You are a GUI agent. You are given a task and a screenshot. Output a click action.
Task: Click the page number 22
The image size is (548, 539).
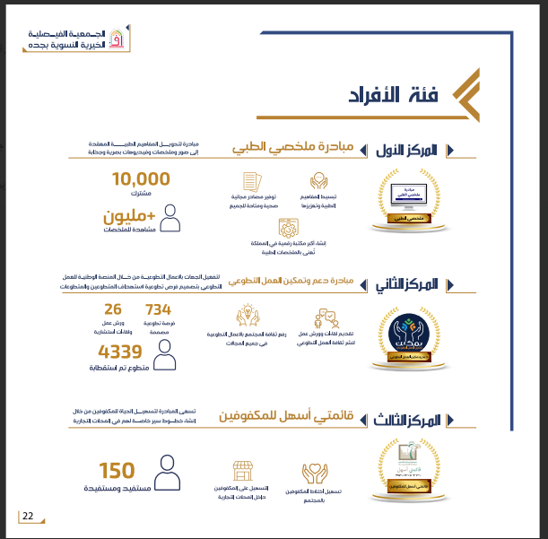pyautogui.click(x=28, y=516)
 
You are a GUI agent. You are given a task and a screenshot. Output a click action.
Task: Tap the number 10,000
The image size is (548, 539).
pyautogui.click(x=141, y=179)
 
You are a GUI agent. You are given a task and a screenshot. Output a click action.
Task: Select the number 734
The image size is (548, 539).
pyautogui.click(x=158, y=310)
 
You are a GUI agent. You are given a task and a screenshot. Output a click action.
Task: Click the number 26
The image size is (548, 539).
pyautogui.click(x=113, y=310)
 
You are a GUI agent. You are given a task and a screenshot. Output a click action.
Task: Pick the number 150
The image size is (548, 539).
pyautogui.click(x=117, y=471)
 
